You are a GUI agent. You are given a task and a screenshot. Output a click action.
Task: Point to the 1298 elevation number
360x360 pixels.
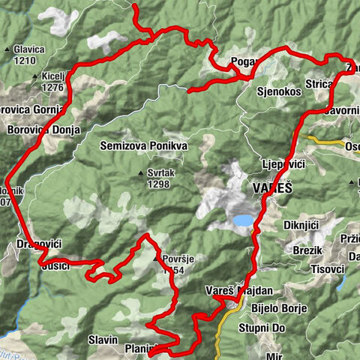pyautogui.click(x=159, y=184)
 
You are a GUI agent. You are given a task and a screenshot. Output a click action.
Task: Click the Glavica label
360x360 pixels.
pyautogui.click(x=28, y=49)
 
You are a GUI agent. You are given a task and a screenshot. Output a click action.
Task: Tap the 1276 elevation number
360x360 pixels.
pyautogui.click(x=52, y=87)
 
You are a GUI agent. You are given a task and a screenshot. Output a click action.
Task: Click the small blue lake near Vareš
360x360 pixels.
pyautogui.click(x=243, y=220)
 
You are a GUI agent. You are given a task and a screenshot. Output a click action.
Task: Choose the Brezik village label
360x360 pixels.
pyautogui.click(x=307, y=250)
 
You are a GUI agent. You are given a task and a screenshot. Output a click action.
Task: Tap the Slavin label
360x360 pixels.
pyautogui.click(x=103, y=340)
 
